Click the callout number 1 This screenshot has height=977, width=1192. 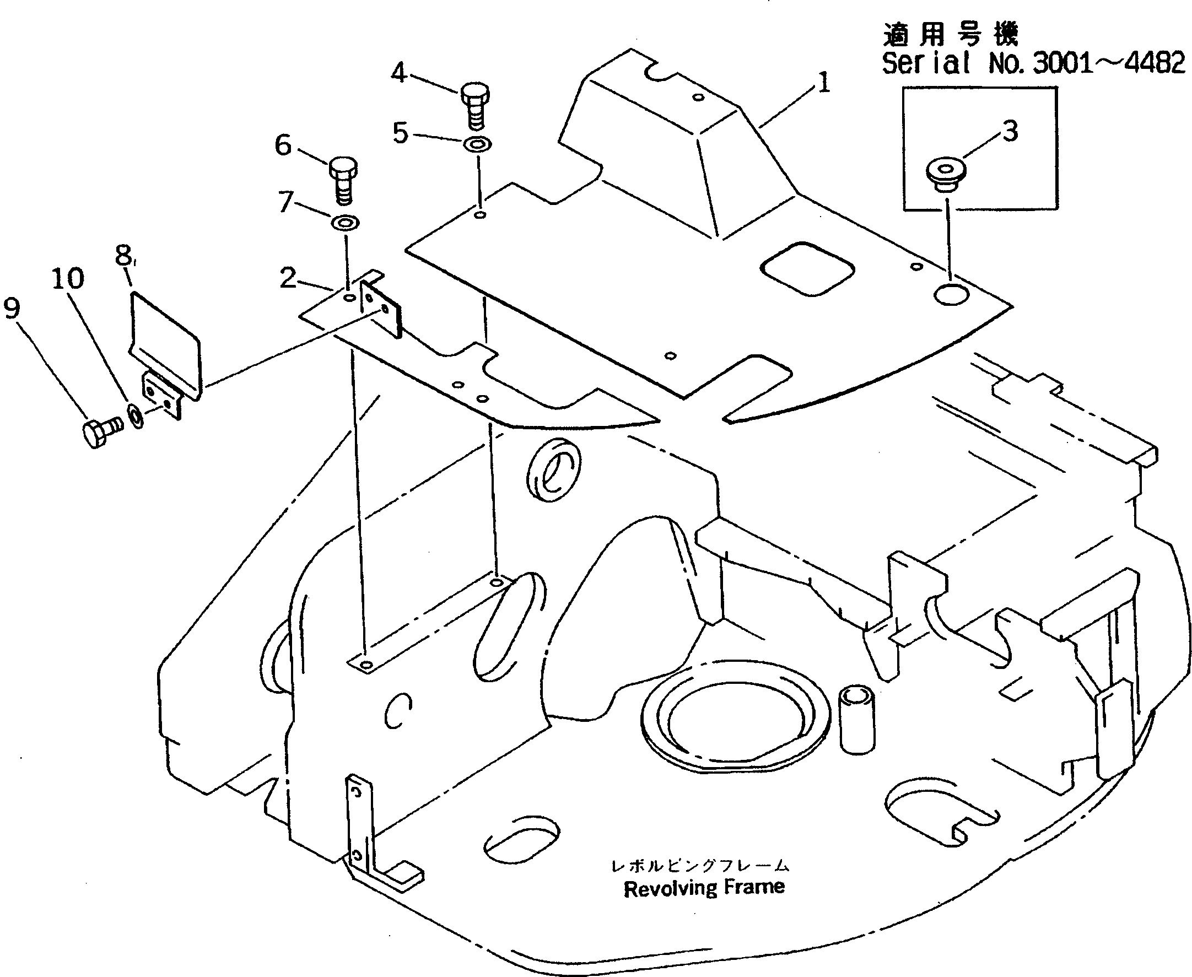pos(823,83)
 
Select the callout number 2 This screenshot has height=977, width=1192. pos(288,278)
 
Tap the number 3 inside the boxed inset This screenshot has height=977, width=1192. pos(1011,131)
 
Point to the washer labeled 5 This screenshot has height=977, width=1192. pos(477,144)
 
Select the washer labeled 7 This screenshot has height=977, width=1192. pos(344,222)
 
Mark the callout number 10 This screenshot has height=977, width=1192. pos(68,278)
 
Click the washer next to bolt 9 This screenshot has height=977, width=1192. pos(136,417)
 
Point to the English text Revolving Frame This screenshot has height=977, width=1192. pos(704,888)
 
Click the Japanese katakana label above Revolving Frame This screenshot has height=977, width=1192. pos(700,866)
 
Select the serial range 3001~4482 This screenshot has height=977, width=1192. pos(1109,62)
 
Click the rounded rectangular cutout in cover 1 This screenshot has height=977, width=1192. pos(807,268)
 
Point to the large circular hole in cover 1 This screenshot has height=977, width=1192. pos(951,294)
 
